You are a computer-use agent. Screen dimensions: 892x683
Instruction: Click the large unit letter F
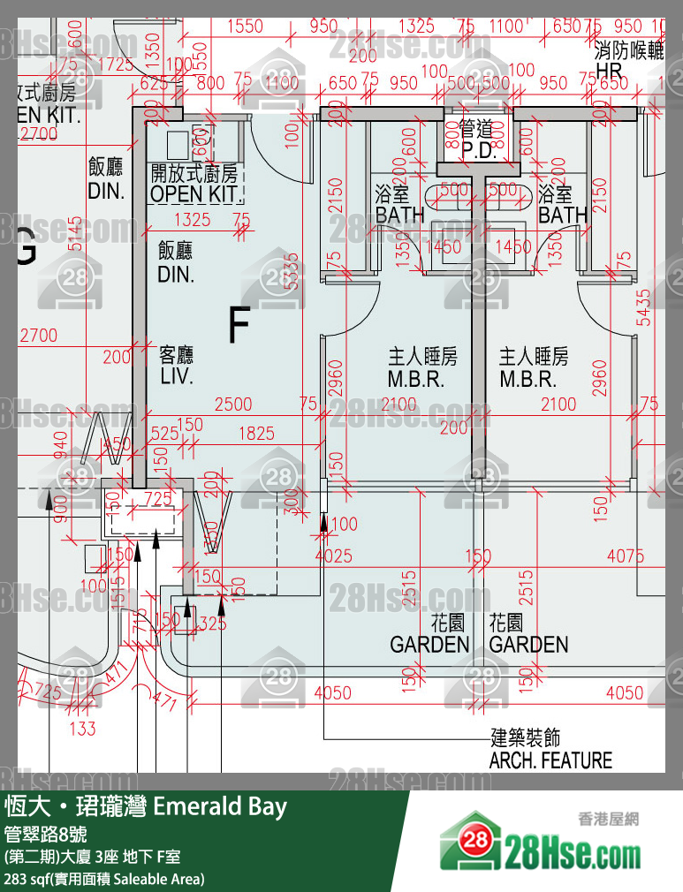[x=238, y=325]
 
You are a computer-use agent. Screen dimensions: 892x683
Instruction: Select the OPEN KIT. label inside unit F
[x=195, y=193]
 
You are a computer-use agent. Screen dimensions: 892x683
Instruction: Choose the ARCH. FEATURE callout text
[x=550, y=760]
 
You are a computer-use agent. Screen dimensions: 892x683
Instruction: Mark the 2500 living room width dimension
[x=233, y=404]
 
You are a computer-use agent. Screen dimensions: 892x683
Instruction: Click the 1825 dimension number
[x=256, y=434]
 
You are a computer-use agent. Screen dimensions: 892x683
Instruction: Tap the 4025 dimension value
[x=333, y=556]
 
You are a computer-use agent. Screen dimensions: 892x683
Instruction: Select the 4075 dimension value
[x=626, y=556]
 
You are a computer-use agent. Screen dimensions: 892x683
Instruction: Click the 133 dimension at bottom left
[x=82, y=728]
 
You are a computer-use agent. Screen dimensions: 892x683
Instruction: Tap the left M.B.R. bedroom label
[x=422, y=380]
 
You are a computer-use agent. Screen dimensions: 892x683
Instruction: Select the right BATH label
[x=562, y=215]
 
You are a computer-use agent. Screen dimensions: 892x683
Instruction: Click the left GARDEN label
[x=429, y=644]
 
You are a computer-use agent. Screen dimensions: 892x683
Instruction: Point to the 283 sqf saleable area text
[x=104, y=879]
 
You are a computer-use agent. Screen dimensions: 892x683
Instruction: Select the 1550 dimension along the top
[x=245, y=26]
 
